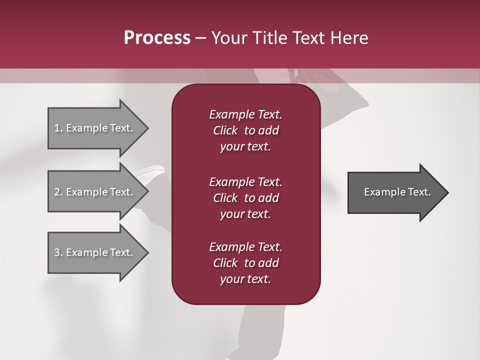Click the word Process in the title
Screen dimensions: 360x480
point(157,38)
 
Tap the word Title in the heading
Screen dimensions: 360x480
point(270,38)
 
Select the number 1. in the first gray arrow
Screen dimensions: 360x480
point(58,128)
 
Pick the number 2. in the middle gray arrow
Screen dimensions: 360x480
point(58,192)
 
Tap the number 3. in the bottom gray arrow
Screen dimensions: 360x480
point(58,252)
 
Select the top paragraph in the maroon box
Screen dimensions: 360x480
point(245,130)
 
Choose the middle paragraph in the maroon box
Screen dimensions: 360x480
point(245,198)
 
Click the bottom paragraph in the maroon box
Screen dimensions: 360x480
point(245,263)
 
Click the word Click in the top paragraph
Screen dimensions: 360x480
point(225,130)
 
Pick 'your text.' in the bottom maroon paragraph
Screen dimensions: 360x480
point(245,279)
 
